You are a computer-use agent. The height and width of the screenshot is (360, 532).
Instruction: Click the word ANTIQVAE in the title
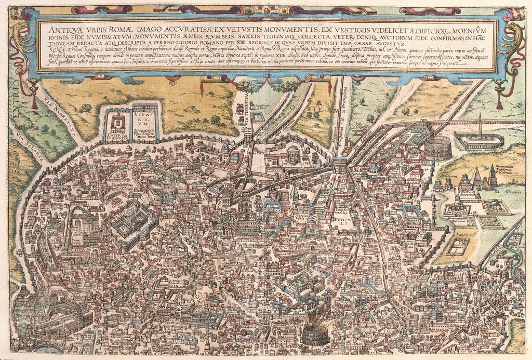pos(63,24)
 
